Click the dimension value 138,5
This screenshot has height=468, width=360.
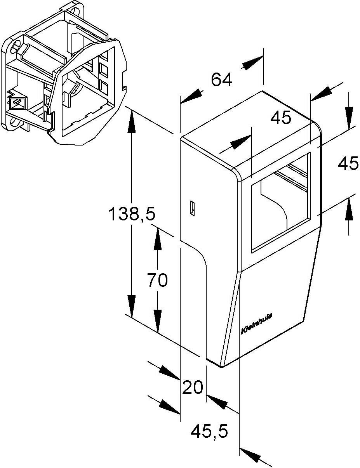[x=132, y=214]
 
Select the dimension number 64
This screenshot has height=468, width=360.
[x=221, y=80]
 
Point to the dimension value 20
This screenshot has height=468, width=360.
[x=192, y=387]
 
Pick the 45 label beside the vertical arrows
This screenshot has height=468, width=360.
[x=348, y=163]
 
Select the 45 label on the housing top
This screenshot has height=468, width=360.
[x=281, y=118]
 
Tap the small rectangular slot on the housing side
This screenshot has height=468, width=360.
[x=192, y=208]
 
